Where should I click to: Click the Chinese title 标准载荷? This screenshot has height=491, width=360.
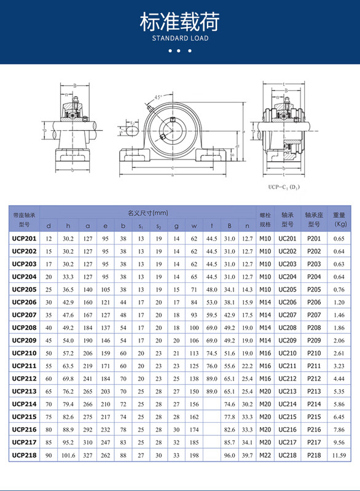(x=180, y=22)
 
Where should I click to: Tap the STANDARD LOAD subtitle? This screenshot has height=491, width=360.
(x=180, y=39)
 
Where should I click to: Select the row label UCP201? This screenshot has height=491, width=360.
(x=25, y=238)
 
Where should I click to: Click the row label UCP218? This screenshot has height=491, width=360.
(x=25, y=455)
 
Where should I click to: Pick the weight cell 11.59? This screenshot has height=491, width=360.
(x=339, y=455)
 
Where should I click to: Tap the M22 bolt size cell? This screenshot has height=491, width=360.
(x=265, y=455)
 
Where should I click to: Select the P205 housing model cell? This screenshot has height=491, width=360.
(x=314, y=289)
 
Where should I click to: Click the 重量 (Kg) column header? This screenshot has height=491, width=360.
(x=339, y=220)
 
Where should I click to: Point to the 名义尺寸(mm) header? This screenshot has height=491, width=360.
(x=147, y=213)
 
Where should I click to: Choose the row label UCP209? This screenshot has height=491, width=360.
(x=25, y=340)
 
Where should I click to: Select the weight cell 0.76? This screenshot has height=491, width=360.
(x=339, y=289)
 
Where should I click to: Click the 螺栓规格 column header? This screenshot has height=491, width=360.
(x=265, y=220)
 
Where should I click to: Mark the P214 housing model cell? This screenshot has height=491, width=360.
(x=314, y=404)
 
